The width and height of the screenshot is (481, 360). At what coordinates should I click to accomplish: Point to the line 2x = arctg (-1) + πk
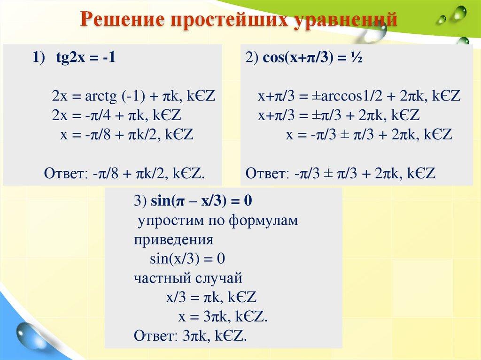click(x=133, y=97)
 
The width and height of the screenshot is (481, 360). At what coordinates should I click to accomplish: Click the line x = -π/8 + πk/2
click(x=127, y=135)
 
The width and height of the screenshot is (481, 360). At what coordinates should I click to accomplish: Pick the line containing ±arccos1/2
click(x=359, y=97)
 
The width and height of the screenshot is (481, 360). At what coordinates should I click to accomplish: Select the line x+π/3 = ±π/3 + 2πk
click(x=338, y=116)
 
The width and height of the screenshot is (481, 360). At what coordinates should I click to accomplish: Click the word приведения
click(x=173, y=240)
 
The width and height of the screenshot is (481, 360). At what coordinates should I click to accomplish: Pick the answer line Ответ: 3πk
click(x=190, y=336)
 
